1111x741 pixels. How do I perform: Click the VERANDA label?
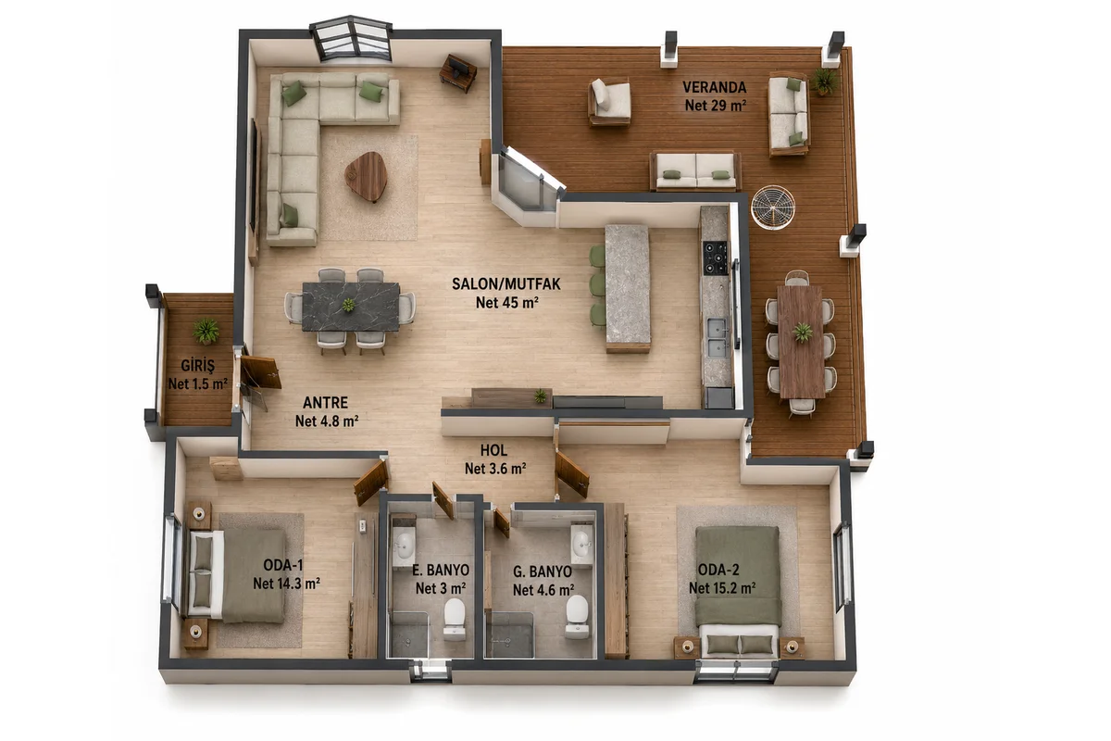tap(714, 87)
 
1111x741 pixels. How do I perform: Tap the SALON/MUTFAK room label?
tap(506, 283)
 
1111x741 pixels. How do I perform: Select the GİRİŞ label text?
tap(197, 366)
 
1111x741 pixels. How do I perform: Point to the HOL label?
tap(493, 450)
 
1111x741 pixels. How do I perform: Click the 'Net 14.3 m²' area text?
tap(286, 584)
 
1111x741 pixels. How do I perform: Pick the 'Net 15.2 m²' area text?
tap(722, 588)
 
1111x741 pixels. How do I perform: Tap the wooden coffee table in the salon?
tap(367, 176)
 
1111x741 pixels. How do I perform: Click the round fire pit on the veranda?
tap(773, 207)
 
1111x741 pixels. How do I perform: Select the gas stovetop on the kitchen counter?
tap(716, 257)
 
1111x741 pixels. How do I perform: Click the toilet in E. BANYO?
tap(454, 619)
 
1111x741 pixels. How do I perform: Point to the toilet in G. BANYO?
tap(577, 615)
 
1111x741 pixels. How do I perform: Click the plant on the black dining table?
tap(349, 304)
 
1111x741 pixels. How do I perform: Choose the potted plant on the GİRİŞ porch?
tap(206, 331)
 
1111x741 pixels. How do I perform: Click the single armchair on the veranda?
tap(609, 102)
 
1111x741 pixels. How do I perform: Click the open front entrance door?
tap(259, 372)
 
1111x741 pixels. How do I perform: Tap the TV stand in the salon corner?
tap(458, 73)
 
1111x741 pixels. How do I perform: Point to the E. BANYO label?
tap(441, 570)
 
